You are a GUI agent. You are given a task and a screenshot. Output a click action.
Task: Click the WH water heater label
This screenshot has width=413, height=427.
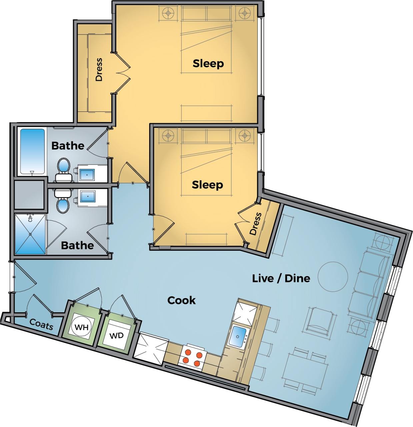(81, 327)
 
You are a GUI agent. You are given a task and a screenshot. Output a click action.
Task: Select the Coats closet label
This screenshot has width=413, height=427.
(41, 324)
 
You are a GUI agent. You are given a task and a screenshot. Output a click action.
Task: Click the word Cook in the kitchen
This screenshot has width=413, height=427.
(181, 300)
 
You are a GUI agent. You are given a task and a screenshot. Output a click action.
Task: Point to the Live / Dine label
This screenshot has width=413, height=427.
(281, 278)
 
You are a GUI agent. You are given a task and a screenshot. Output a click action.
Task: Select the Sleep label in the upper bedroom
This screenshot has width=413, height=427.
(208, 63)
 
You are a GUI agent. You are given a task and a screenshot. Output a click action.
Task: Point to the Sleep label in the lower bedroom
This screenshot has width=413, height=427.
(207, 184)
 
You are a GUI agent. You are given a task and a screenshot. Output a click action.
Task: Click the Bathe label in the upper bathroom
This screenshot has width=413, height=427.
(68, 145)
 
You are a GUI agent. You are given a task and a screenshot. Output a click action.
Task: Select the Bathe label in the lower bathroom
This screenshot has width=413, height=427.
(77, 245)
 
